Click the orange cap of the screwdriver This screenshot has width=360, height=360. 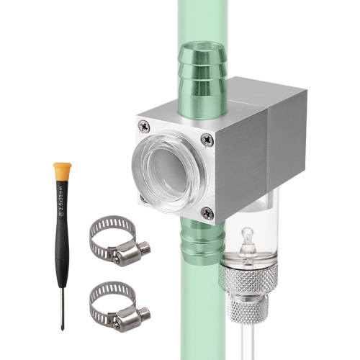point(62,171)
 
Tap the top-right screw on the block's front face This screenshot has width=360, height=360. point(208,142)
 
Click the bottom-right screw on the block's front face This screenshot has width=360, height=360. point(207,212)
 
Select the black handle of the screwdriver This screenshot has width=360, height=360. point(63,230)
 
